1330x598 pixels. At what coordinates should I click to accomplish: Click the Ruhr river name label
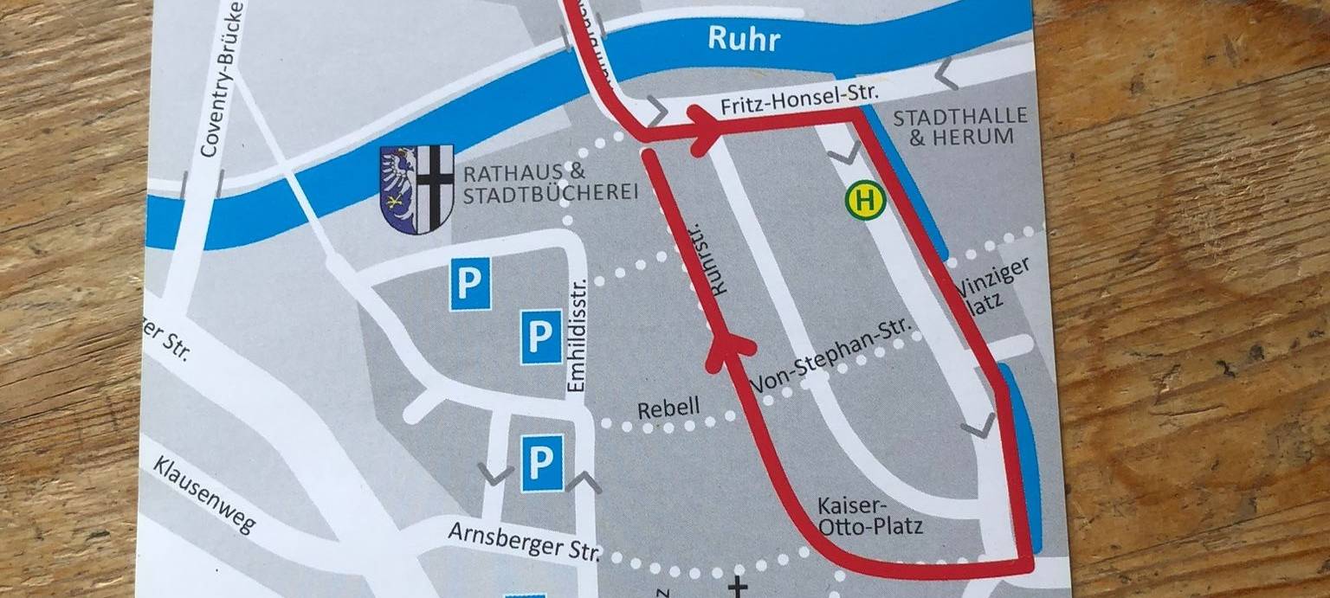tap(744, 39)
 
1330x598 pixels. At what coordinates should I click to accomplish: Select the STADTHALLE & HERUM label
tap(959, 126)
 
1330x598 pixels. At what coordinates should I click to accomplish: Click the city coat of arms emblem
tap(416, 189)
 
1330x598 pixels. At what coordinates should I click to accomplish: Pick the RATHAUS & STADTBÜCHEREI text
tap(549, 183)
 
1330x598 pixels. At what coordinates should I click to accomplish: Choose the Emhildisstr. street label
tap(578, 333)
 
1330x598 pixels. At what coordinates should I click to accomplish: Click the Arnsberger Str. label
tap(523, 542)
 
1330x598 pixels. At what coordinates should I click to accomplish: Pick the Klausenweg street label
tap(204, 494)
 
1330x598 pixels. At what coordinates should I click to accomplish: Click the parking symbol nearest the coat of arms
tap(470, 284)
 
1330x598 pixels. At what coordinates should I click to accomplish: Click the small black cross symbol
tap(737, 588)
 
